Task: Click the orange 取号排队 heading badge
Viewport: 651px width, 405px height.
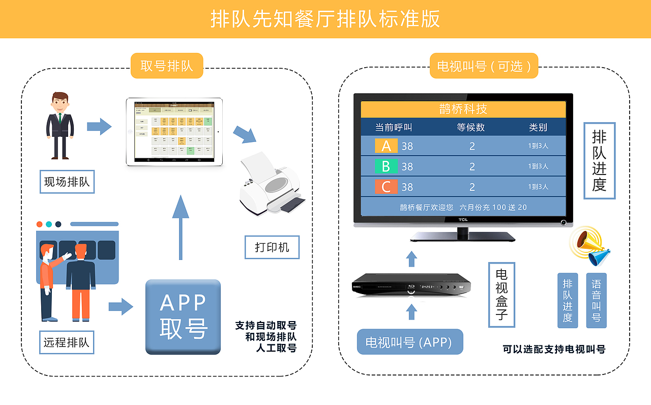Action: pos(167,66)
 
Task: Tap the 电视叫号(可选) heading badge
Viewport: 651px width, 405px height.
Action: pos(484,66)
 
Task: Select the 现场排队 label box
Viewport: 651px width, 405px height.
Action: pos(67,182)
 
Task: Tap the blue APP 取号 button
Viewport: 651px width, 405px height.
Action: pos(183,316)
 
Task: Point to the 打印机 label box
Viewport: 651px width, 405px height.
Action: pos(272,247)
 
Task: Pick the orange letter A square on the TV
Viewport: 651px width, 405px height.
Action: pos(386,146)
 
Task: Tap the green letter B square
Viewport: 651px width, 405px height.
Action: pos(386,166)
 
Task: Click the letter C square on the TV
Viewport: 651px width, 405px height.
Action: pos(386,187)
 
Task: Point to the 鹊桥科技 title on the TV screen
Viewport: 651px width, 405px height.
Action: pos(463,109)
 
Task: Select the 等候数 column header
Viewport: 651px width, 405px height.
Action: pos(471,127)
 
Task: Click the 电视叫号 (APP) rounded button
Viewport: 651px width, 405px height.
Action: pos(410,342)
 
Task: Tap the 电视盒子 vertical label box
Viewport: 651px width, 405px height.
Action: pos(501,295)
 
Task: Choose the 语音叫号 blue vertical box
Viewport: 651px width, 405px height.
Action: pos(597,300)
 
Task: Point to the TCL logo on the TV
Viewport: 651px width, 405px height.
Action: pos(463,220)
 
